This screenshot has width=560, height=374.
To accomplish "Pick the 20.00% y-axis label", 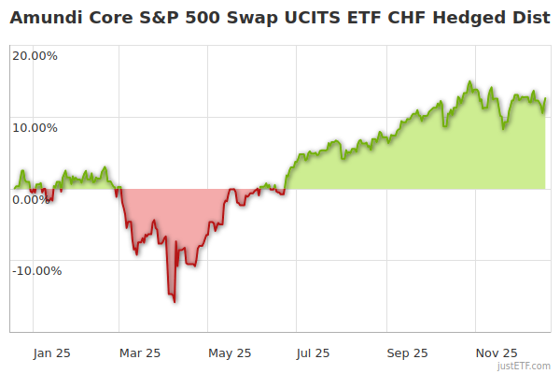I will click(x=35, y=56).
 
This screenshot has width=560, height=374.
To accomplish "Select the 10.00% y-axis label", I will click(x=35, y=128).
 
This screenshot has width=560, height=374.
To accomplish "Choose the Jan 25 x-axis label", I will click(x=52, y=353).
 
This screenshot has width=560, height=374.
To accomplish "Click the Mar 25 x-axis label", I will click(x=141, y=353).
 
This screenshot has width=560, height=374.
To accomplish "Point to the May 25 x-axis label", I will click(x=230, y=353).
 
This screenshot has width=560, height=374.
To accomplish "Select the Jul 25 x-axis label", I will click(x=315, y=353).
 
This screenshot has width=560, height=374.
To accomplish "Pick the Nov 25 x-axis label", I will click(x=496, y=353).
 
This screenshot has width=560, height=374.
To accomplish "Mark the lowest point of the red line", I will click(x=174, y=301).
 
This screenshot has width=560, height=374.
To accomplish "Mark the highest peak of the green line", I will click(x=470, y=82).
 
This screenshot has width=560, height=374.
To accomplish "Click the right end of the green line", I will click(x=546, y=98).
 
